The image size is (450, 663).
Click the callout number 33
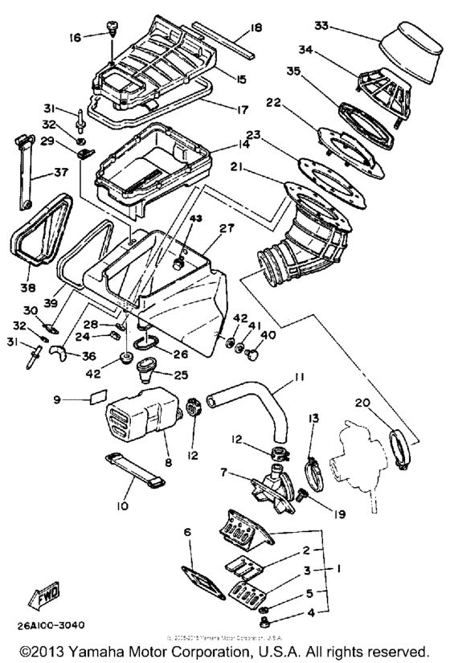[322, 27]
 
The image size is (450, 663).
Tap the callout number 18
[256, 28]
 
